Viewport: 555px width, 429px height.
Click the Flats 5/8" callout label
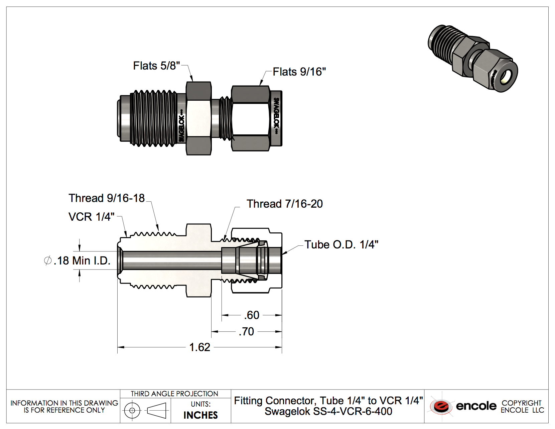point(156,66)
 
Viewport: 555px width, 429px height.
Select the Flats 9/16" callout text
point(299,72)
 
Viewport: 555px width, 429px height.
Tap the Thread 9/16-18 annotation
point(107,198)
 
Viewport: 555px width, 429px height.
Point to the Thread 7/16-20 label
point(285,204)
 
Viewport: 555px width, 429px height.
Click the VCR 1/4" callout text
point(91,217)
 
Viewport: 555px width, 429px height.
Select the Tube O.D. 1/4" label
point(341,244)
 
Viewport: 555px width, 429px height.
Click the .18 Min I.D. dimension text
point(82,260)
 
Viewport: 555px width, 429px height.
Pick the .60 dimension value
point(252,315)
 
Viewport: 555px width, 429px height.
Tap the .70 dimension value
point(247,331)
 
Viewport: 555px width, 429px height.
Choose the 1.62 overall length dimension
point(199,347)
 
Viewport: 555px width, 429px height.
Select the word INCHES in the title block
point(200,415)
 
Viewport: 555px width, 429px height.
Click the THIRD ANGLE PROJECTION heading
point(174,394)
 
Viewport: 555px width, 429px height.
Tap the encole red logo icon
point(441,406)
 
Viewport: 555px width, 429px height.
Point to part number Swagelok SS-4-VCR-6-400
point(328,411)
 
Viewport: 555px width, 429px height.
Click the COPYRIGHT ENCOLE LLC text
point(522,406)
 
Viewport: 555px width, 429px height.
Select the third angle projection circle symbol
point(132,410)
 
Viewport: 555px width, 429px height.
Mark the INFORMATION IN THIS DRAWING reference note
point(64,406)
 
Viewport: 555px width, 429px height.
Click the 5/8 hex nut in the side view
point(198,118)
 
